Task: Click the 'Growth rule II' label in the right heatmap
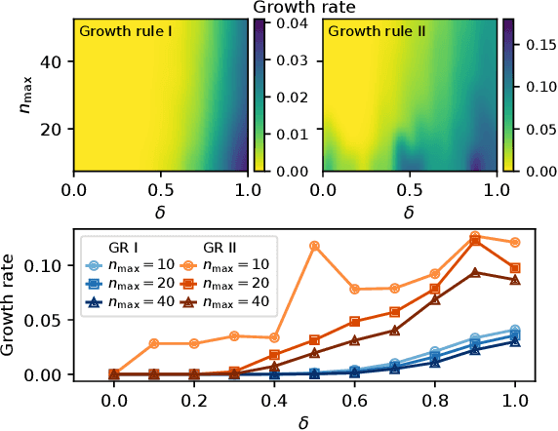coord(371,31)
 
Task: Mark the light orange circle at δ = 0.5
coord(314,246)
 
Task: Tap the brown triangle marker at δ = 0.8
coord(436,299)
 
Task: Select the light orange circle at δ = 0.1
coord(154,343)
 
